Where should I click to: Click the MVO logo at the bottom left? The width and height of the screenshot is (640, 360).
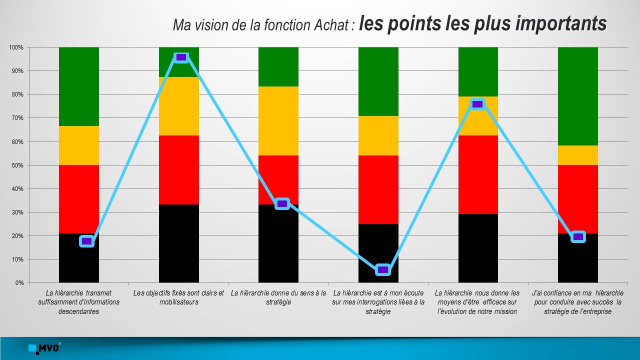[x=44, y=348]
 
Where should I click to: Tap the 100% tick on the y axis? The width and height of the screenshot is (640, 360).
[x=16, y=47]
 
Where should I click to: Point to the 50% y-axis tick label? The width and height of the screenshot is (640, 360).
[x=17, y=165]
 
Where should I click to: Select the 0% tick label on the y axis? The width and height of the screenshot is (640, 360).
[x=19, y=283]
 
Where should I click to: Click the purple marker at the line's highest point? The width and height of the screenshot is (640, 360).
[x=181, y=57]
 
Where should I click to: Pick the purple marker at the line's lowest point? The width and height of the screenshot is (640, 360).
[x=383, y=269]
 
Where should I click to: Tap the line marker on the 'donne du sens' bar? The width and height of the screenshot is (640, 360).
[x=282, y=203]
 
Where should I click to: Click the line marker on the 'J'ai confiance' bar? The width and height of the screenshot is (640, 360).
[x=578, y=236]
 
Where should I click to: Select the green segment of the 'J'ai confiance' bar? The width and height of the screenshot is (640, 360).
[x=577, y=96]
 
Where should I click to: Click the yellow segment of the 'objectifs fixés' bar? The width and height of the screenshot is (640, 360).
[x=179, y=106]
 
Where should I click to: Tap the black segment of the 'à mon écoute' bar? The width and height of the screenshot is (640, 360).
[x=378, y=253]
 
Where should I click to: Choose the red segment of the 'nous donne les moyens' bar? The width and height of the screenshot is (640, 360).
[x=478, y=175]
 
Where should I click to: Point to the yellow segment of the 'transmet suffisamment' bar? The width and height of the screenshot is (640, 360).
[x=79, y=145]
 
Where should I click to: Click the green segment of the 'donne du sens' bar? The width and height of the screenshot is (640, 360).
[x=278, y=67]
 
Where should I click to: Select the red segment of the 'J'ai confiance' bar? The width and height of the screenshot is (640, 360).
[x=577, y=199]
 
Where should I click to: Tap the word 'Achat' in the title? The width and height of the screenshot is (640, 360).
[x=331, y=25]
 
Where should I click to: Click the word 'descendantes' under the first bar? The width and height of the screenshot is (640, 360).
[x=79, y=311]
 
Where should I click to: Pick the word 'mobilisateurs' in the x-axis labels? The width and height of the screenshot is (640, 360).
[x=179, y=302]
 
